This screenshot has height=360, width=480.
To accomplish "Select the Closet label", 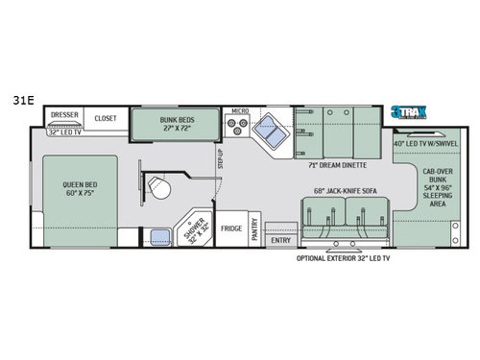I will click(106, 118).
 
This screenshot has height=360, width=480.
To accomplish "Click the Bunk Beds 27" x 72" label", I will click(174, 121).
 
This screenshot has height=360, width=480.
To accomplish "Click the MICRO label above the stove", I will click(239, 110).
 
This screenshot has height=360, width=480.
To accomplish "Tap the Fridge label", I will click(231, 228).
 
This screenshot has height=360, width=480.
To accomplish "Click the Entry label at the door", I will click(281, 241).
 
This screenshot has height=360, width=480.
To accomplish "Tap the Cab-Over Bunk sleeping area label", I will click(428, 190).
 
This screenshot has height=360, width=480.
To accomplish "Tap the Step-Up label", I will click(220, 156).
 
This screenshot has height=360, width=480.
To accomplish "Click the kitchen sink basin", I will click(276, 133).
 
